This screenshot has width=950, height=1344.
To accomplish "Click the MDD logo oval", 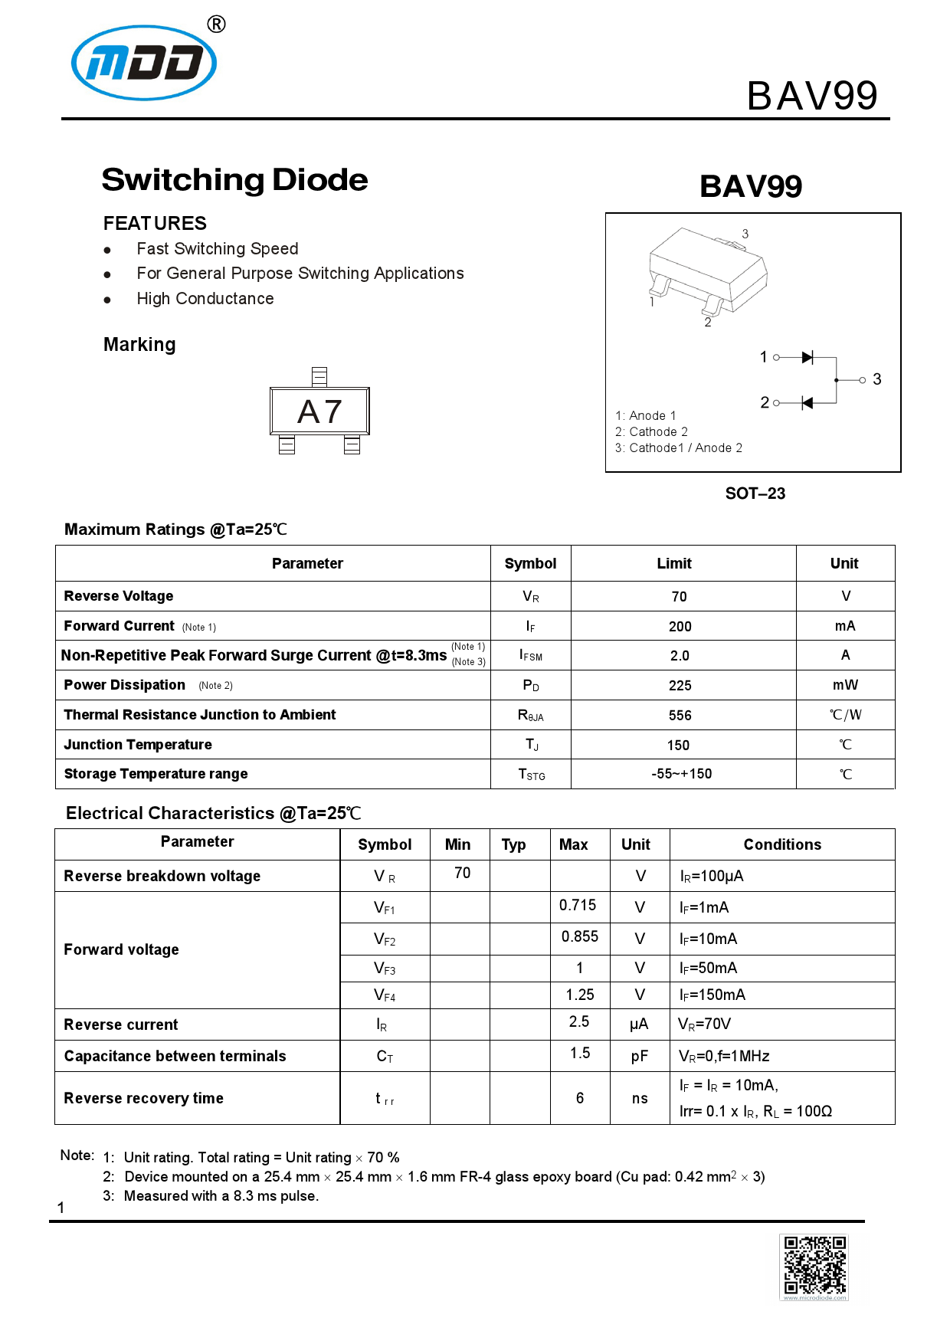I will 144,63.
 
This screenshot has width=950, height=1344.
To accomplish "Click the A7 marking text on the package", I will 319,412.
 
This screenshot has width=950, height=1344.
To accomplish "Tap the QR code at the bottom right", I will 814,1266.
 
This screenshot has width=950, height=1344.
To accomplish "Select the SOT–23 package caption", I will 755,493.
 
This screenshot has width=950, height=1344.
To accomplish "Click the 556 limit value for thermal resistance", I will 680,715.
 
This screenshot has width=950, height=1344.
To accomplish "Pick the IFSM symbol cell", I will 530,655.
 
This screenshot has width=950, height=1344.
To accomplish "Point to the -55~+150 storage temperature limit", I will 681,774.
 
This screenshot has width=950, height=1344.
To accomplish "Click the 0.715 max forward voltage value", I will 578,905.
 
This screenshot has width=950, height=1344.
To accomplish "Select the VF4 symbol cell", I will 385,995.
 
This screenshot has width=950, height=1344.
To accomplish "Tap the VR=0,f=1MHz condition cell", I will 724,1056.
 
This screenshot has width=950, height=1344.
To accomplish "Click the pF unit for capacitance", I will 639,1057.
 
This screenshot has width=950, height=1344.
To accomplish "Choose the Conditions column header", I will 781,844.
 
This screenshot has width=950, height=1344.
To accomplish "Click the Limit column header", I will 673,563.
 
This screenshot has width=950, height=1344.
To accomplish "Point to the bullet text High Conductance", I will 205,299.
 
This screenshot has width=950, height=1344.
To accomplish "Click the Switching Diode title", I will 234,180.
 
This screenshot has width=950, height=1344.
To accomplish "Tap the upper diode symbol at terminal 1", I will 807,357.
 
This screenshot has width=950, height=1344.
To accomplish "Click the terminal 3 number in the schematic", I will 876,379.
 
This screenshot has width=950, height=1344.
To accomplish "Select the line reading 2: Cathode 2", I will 651,431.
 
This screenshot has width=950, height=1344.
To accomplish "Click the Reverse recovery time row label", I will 143,1098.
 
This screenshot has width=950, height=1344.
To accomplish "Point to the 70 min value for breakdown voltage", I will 462,873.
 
